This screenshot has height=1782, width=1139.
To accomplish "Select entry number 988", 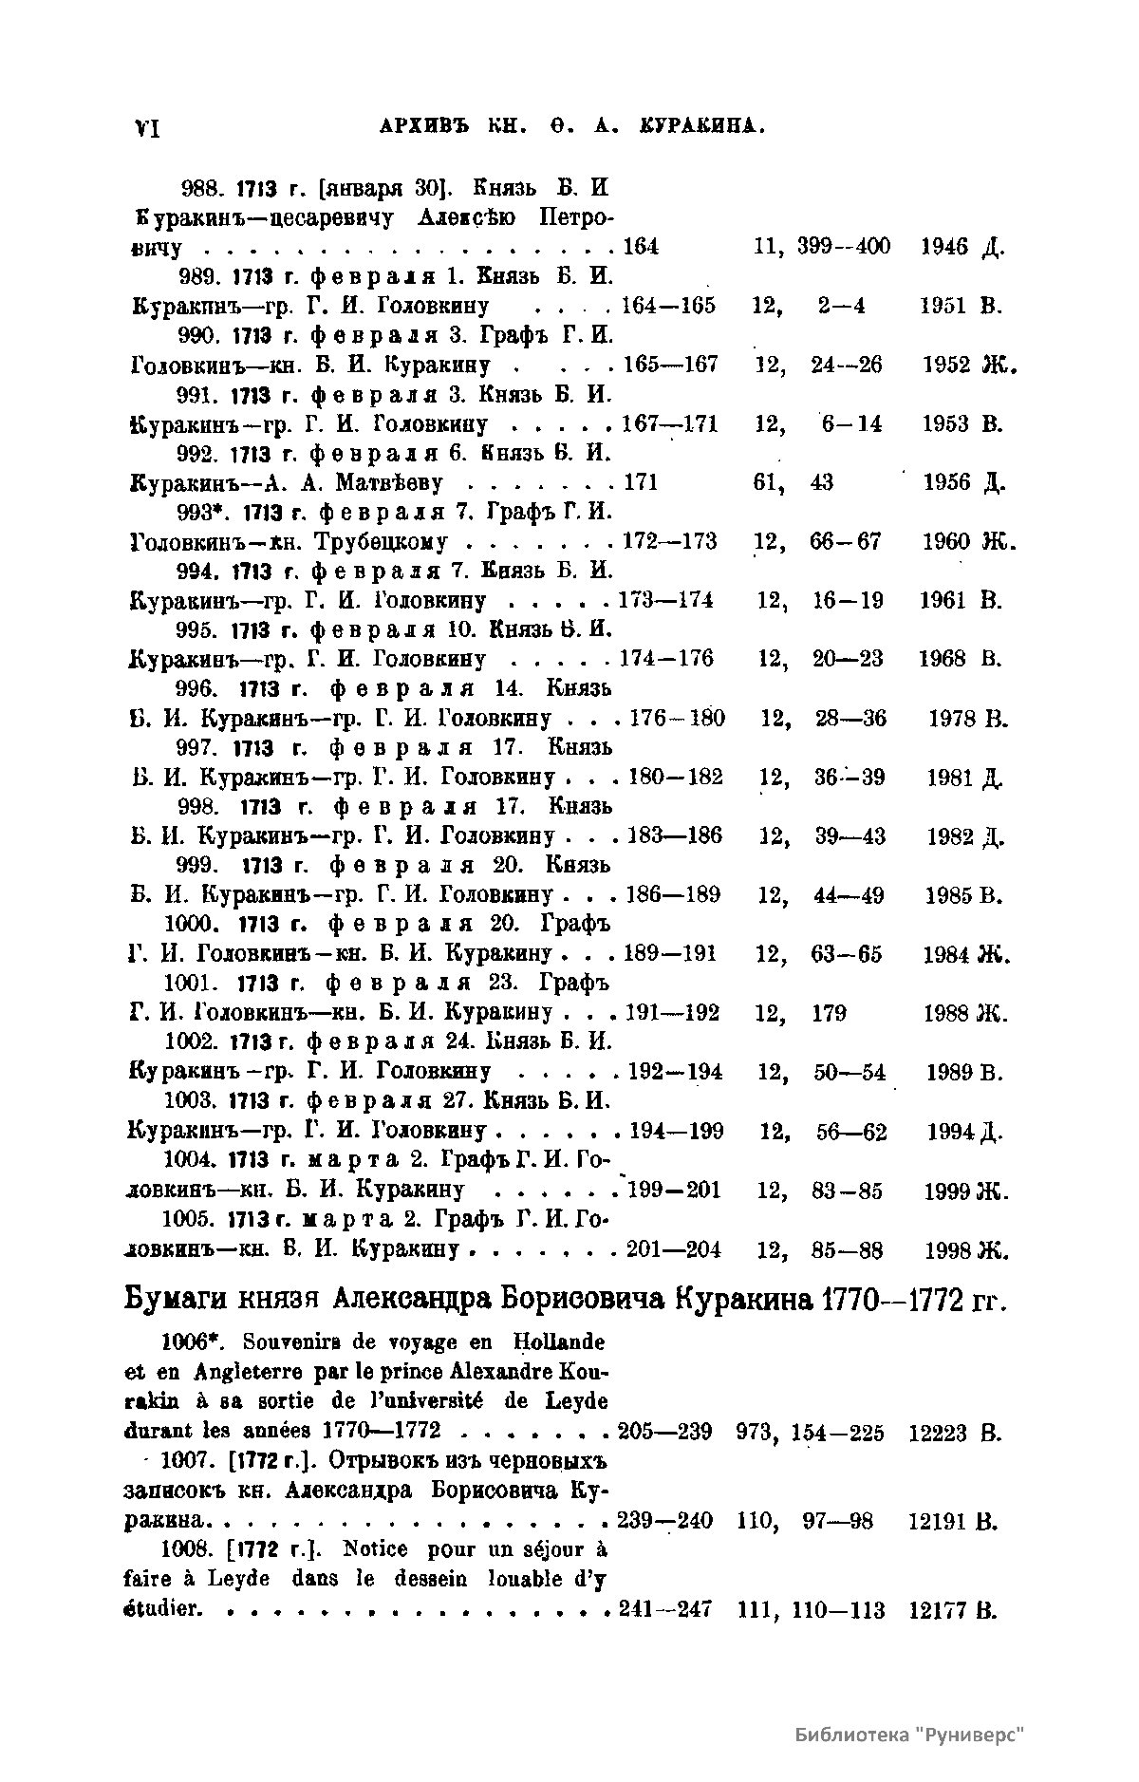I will point(198,187).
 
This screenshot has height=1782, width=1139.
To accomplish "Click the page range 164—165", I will point(668,306).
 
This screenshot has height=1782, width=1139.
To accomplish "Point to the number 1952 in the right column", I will point(946,365).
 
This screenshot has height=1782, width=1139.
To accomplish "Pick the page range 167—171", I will point(669,423).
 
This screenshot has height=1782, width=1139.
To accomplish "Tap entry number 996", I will point(198,687).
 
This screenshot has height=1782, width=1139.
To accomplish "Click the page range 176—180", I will point(677,718).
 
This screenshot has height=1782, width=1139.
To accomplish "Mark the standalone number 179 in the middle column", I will point(829,1013).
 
